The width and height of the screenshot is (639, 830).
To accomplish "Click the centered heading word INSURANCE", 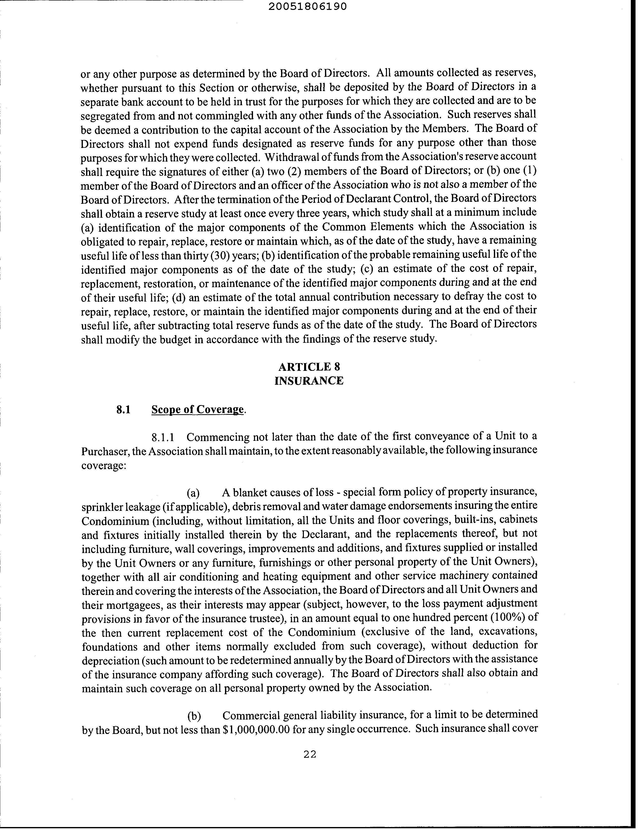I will pos(309,381).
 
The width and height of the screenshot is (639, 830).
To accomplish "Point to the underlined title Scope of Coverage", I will pos(197,409).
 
